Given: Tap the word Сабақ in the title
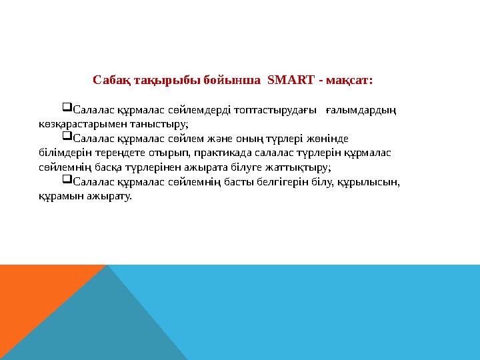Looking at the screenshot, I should coord(110,81).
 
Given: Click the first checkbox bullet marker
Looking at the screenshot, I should coord(67,108).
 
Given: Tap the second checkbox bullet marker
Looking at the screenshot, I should coord(67,137).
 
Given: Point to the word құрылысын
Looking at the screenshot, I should coord(369,182).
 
